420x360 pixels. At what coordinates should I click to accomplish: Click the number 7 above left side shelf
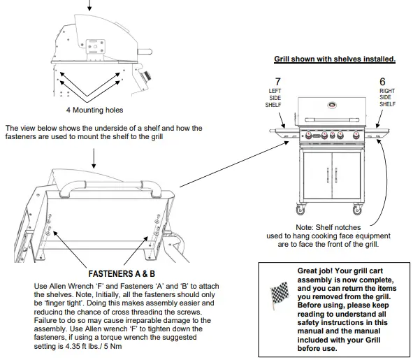pos(277,81)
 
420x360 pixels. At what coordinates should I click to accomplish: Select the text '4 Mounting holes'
pos(95,110)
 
